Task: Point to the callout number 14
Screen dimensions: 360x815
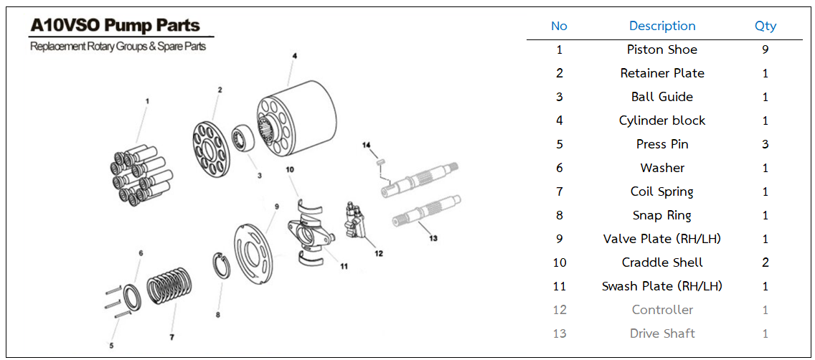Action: (367, 145)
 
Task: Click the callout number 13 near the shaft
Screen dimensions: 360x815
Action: (432, 238)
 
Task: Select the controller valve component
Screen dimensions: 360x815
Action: (357, 219)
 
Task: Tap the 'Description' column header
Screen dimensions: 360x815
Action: (662, 26)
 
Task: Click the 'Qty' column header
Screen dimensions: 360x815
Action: (765, 26)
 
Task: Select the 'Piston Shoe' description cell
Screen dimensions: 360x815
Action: (662, 49)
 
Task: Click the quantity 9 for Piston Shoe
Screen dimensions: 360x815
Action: (765, 49)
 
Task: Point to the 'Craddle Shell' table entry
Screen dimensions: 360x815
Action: (662, 262)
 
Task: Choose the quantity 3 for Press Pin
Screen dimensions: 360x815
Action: (765, 144)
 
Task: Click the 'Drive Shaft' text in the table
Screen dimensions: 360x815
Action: (662, 333)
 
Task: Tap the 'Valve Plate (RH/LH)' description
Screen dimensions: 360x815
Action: (662, 239)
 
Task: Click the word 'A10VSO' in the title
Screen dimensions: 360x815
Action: (65, 26)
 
